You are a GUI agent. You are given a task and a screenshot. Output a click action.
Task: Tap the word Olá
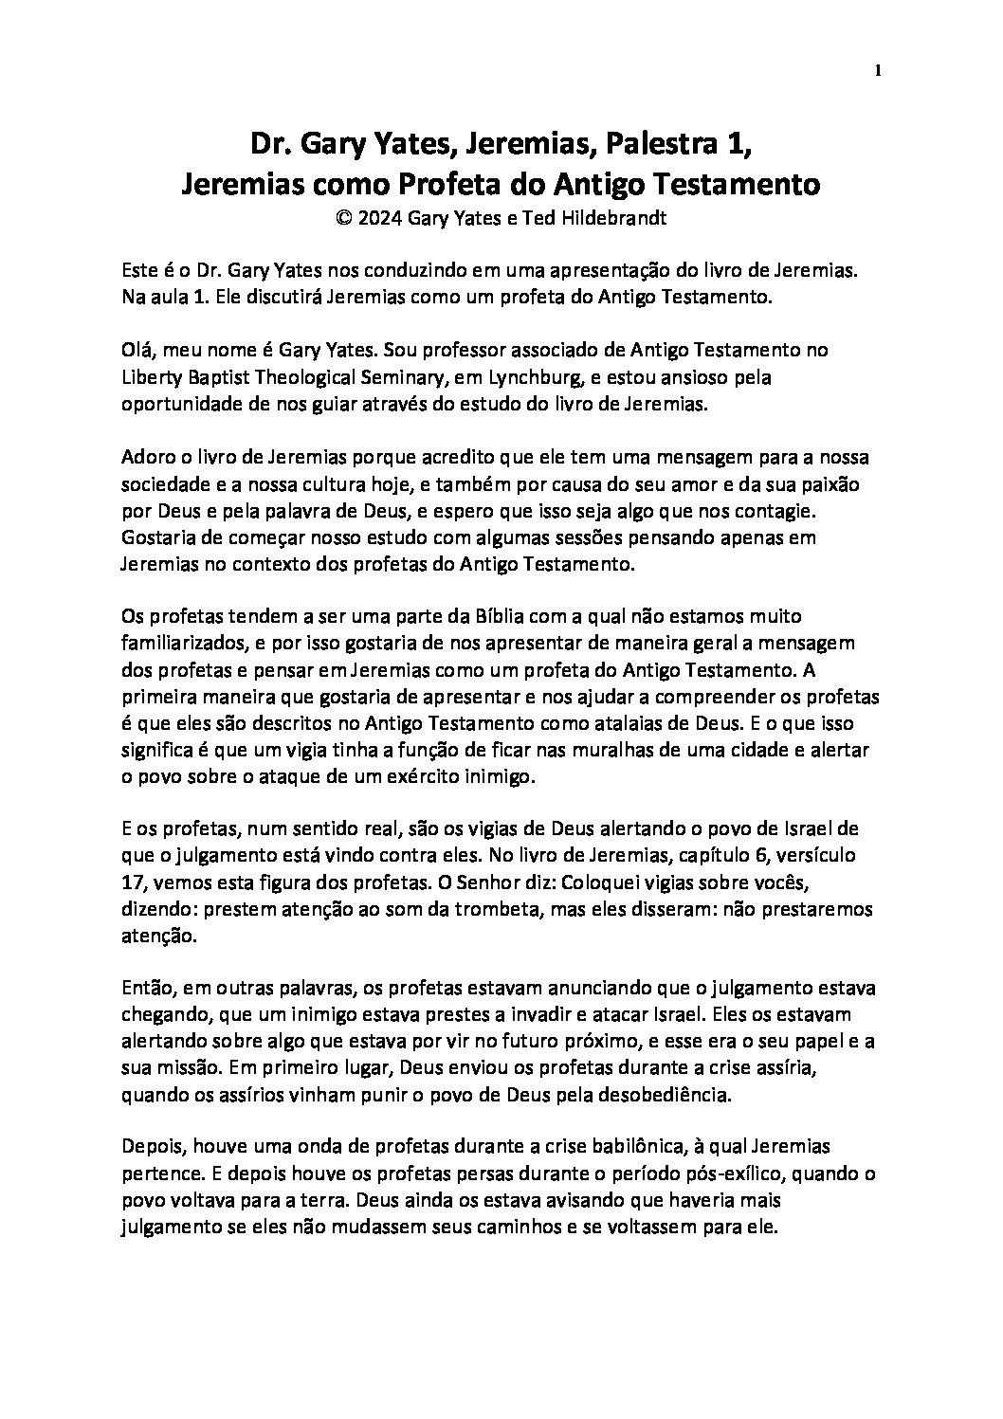click(x=139, y=351)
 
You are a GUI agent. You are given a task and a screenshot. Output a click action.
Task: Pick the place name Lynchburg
click(x=540, y=377)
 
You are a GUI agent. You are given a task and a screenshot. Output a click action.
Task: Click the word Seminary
click(x=392, y=377)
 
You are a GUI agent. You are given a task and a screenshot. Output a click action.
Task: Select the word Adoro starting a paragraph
click(x=149, y=458)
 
